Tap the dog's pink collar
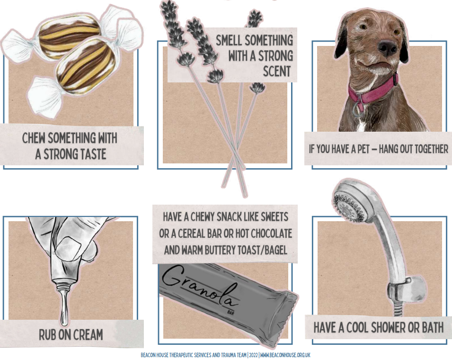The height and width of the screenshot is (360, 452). tap(372, 90)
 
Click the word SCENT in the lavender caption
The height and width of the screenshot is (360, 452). tap(277, 72)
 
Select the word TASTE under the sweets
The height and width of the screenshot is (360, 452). tap(90, 154)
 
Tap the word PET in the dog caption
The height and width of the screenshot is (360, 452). tap(363, 149)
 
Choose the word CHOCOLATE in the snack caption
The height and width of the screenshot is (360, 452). tap(272, 234)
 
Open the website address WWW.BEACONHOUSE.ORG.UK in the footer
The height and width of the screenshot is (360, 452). tap(285, 355)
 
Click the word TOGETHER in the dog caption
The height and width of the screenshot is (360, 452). tap(431, 149)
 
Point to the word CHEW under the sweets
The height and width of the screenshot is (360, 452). tap(34, 138)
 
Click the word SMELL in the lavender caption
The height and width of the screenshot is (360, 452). tap(230, 40)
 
